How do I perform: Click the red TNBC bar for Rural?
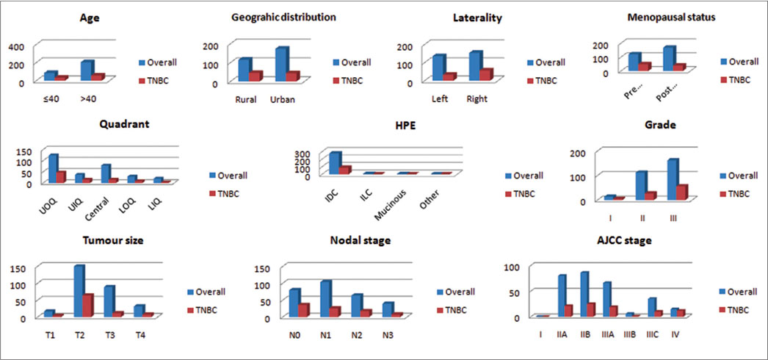[x=255, y=76]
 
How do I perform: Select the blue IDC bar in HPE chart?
[x=336, y=162]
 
